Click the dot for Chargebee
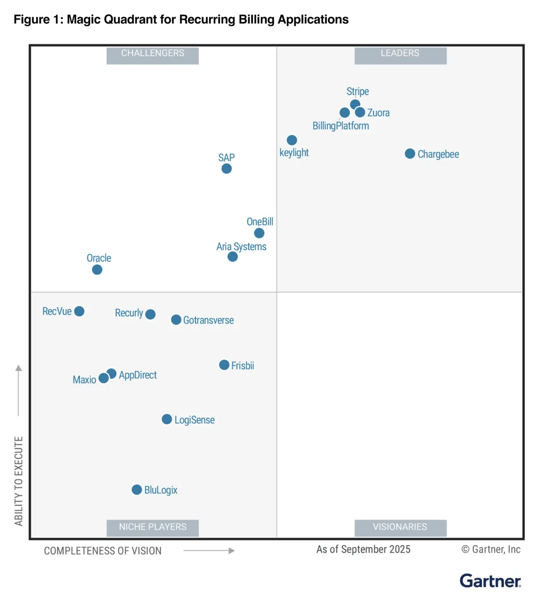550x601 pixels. [410, 154]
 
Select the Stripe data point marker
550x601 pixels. [355, 104]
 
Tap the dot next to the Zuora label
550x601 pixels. [360, 112]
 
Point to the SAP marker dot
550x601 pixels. [226, 169]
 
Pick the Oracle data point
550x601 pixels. [97, 270]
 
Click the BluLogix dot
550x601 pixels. [137, 490]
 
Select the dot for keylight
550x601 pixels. [292, 140]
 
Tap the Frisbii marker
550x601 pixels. [224, 365]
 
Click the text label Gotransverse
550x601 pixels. [208, 320]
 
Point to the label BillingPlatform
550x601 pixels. [341, 126]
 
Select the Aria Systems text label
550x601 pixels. [241, 247]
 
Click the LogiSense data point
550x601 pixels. [167, 419]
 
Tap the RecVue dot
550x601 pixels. [79, 311]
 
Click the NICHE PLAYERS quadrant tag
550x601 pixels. [153, 527]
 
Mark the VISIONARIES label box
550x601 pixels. [400, 527]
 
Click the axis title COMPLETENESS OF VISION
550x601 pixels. [103, 551]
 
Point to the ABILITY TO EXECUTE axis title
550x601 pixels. [19, 481]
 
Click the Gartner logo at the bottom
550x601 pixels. [490, 581]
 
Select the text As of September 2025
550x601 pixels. [363, 549]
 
